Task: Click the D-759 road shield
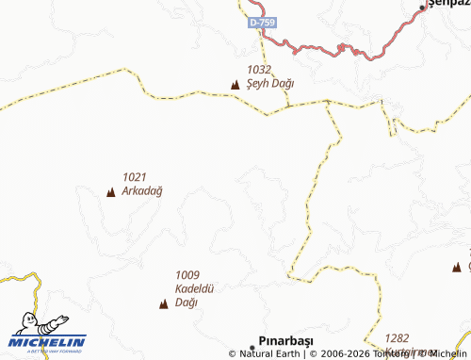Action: pos(263,21)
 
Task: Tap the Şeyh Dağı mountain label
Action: pos(269,83)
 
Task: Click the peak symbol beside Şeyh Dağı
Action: pos(235,85)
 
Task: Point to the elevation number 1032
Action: pos(259,70)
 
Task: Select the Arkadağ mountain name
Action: pos(142,190)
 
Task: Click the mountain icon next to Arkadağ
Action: pos(110,192)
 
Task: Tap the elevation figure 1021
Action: pos(135,176)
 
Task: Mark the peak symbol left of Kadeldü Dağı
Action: pos(163,303)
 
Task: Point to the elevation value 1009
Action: pos(187,274)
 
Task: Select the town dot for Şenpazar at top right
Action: pos(422,9)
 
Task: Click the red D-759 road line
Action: pos(320,47)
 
